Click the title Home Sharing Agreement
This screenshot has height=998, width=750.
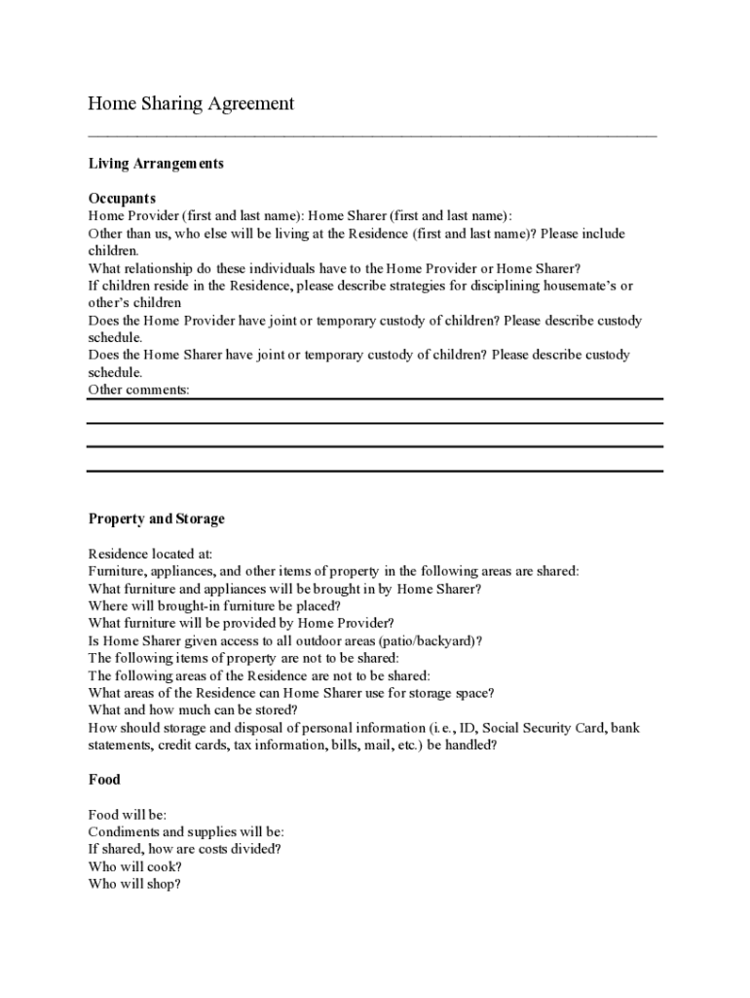click(x=191, y=103)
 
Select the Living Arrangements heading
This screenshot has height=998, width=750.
click(x=156, y=164)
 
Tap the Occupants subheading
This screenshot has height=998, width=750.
click(x=122, y=199)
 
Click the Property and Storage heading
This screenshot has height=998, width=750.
click(x=156, y=518)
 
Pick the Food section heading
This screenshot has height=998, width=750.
click(x=104, y=780)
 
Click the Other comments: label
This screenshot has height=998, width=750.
click(x=139, y=390)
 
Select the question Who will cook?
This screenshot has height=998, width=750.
click(x=135, y=866)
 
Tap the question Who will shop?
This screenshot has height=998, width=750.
click(x=134, y=884)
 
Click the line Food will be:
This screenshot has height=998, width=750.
click(x=128, y=815)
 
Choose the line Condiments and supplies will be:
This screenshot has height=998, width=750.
click(x=186, y=832)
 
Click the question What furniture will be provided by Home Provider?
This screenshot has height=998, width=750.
click(x=241, y=623)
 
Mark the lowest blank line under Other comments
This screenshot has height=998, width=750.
click(x=375, y=471)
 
